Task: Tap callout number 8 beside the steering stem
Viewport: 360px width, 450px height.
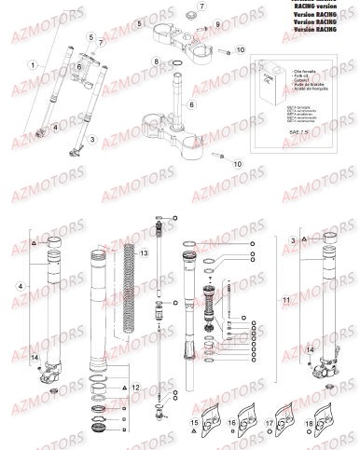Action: coord(156,61)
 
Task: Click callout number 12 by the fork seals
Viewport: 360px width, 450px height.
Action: coord(137,385)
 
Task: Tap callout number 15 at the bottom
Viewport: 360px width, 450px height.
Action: coord(194,422)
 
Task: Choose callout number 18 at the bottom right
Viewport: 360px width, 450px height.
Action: coord(308,422)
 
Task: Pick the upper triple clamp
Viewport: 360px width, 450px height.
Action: coord(183,38)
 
